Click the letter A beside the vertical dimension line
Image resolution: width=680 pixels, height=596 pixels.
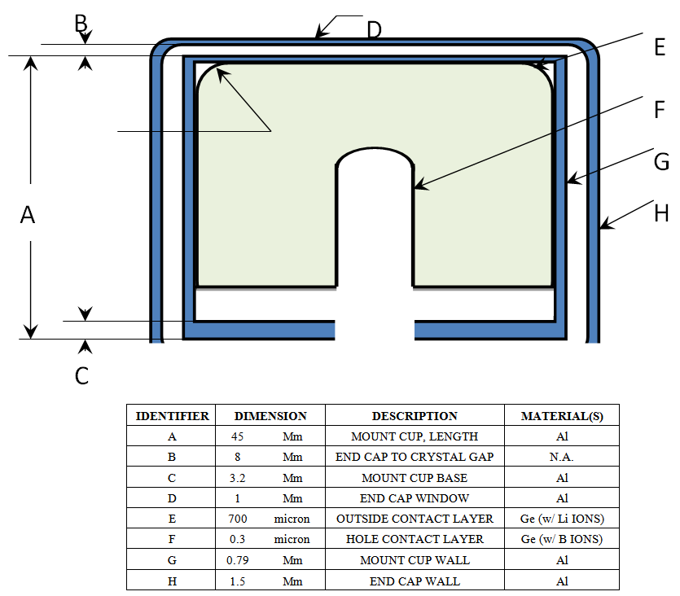[28, 215]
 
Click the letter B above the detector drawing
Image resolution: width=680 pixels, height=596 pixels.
[81, 24]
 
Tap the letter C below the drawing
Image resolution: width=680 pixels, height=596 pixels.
[81, 376]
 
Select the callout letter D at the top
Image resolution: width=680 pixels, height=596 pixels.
[374, 30]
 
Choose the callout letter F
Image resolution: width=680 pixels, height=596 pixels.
[660, 109]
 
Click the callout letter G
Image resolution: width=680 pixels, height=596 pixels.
[661, 162]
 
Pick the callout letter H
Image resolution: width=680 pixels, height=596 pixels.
[661, 213]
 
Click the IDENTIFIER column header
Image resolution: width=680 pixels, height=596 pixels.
[172, 415]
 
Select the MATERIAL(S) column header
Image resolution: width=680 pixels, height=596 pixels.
[561, 415]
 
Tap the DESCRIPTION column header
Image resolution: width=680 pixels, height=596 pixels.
[415, 415]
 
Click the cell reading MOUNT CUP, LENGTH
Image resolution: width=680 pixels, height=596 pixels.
[415, 436]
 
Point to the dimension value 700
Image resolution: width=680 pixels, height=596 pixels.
[238, 519]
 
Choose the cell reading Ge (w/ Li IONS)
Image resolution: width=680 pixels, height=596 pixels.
[561, 519]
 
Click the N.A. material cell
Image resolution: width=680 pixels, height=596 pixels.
[561, 457]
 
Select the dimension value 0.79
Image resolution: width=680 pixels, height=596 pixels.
[238, 560]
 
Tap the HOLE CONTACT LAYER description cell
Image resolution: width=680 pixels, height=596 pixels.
[415, 539]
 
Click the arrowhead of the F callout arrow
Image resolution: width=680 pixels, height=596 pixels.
[416, 188]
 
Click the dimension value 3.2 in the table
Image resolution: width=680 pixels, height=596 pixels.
[238, 477]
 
